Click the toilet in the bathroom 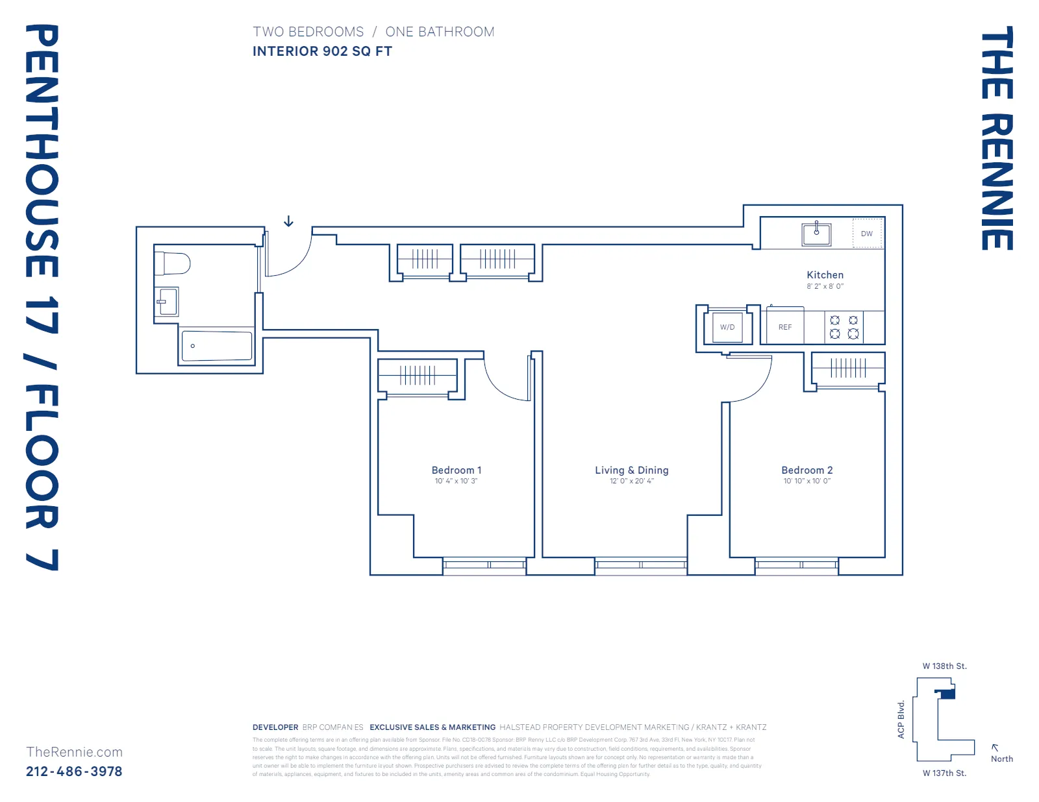point(173,263)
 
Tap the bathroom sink point(168,302)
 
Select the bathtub point(216,346)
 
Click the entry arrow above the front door point(288,222)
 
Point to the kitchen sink point(816,233)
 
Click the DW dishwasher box point(867,234)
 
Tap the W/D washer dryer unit point(727,327)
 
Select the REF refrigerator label point(785,327)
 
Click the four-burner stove point(844,327)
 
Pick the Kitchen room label point(825,275)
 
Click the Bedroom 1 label point(457,470)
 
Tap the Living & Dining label point(631,470)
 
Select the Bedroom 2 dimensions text point(807,481)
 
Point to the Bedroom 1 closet point(418,375)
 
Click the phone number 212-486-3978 point(74,772)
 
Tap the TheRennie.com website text point(74,752)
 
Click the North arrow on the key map point(995,748)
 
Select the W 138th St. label point(944,666)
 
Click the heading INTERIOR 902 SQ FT point(322,51)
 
